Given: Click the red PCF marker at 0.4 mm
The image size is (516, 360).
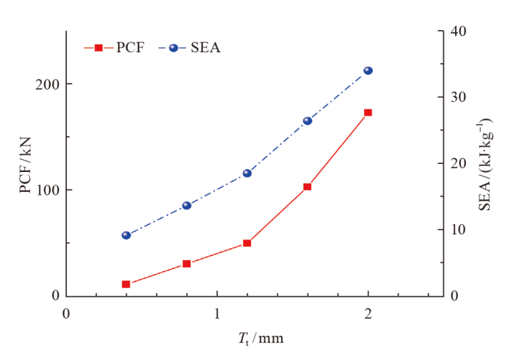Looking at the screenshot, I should [x=126, y=284].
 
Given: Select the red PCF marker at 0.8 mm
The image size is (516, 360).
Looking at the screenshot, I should [x=186, y=264].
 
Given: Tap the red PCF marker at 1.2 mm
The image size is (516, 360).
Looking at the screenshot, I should [x=247, y=243].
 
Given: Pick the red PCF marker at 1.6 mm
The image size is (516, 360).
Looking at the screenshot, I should [x=308, y=187].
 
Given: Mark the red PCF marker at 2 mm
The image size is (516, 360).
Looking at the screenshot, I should [x=368, y=112].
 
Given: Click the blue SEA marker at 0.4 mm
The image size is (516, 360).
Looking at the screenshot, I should [x=126, y=235].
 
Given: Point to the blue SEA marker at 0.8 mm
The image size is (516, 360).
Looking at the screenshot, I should [x=186, y=206].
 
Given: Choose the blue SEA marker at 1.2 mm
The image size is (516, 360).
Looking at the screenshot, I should [x=247, y=173].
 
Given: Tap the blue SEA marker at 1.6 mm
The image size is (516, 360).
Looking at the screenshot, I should [x=308, y=121].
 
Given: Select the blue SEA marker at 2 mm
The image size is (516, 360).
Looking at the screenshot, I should [x=368, y=71].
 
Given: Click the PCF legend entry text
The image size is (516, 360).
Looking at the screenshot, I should [x=130, y=48].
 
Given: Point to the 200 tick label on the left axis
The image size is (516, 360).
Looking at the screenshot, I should [x=46, y=84].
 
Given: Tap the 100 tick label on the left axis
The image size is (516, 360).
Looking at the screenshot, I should [x=46, y=190].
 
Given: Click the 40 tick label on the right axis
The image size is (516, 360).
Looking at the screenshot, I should [x=457, y=31].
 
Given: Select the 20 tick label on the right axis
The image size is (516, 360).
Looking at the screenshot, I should [x=457, y=163].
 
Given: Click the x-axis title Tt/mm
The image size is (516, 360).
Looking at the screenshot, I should [x=261, y=339].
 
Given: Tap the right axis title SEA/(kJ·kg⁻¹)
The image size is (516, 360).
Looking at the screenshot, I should [x=486, y=163].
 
